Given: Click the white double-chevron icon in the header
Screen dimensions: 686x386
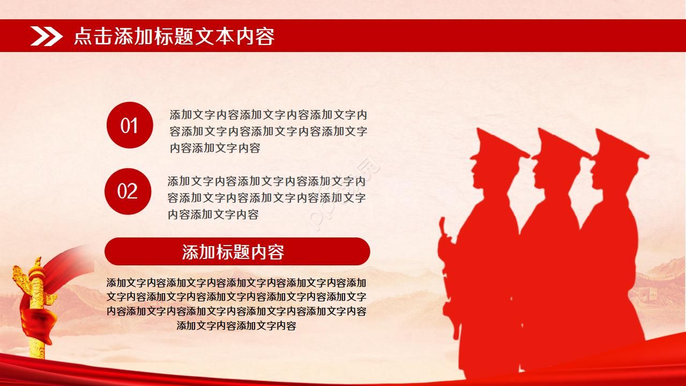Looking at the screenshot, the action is point(47,36).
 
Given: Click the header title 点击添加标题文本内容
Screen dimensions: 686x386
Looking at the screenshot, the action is point(174,36).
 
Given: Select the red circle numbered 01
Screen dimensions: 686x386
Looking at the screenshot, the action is point(130,125).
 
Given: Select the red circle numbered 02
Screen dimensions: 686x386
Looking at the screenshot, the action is point(128,191).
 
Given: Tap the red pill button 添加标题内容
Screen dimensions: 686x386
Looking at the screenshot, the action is point(237,251).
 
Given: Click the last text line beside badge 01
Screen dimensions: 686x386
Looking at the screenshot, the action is point(215,149).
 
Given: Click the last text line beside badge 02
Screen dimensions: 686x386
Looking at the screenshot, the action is point(213,214).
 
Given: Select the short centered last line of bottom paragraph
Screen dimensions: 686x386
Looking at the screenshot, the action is point(236,325).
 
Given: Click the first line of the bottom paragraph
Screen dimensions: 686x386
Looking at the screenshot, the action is point(236,283).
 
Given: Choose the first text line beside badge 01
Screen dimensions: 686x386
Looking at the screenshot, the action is point(269,115).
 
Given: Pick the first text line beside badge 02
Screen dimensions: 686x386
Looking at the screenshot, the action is point(266,181).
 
